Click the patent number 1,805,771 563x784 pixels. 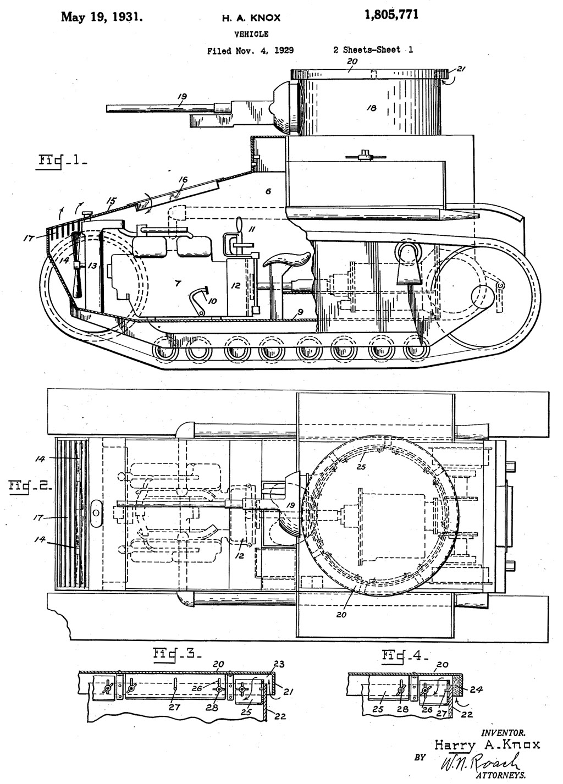click(x=391, y=15)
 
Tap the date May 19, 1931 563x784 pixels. click(x=102, y=17)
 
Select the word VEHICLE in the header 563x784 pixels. click(x=252, y=34)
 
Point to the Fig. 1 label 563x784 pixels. click(x=61, y=162)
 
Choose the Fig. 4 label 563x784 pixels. click(x=405, y=655)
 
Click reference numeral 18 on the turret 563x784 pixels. click(x=371, y=108)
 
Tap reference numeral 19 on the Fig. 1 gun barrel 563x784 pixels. click(x=183, y=97)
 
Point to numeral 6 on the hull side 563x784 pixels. click(x=268, y=191)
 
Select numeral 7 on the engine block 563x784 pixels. click(x=178, y=283)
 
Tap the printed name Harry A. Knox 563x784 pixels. click(x=487, y=744)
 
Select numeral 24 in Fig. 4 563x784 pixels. click(x=476, y=689)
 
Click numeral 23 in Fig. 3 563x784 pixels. click(x=279, y=664)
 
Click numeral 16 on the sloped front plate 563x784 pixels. click(x=183, y=180)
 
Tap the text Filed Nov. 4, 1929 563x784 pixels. click(x=250, y=51)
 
